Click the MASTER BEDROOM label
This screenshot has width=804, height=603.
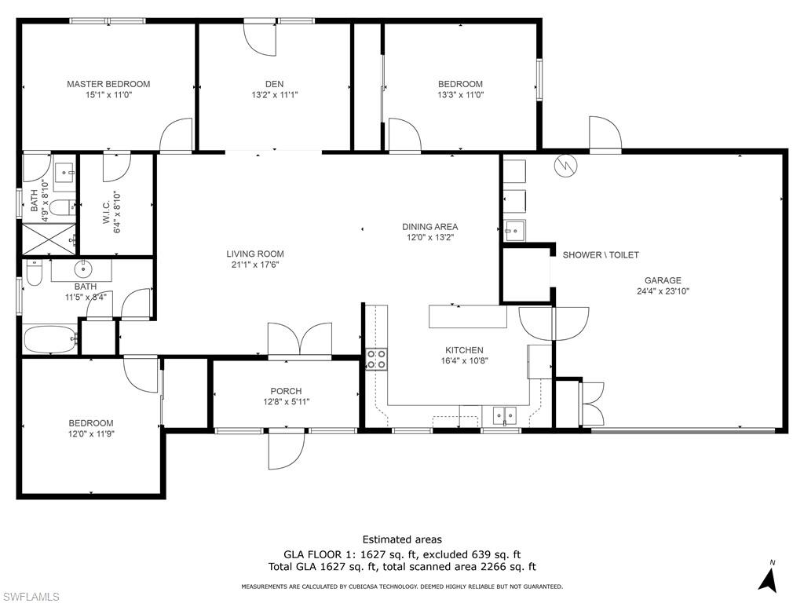(108, 84)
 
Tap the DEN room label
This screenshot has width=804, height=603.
(273, 84)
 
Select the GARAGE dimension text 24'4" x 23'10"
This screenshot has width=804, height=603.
(663, 291)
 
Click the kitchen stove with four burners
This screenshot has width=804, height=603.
(376, 360)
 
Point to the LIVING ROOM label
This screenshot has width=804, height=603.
(254, 254)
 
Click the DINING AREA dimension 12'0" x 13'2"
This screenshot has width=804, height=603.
(430, 237)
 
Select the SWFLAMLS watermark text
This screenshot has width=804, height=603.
(31, 597)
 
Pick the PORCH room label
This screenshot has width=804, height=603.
(286, 391)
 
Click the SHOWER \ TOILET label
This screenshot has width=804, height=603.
(601, 255)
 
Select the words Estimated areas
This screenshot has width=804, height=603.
(402, 539)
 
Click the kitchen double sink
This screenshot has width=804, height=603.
(504, 415)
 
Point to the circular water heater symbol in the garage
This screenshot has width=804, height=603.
(564, 165)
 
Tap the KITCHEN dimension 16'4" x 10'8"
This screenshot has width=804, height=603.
(464, 361)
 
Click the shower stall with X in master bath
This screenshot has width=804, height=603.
(48, 239)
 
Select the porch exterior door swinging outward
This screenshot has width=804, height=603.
(286, 449)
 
